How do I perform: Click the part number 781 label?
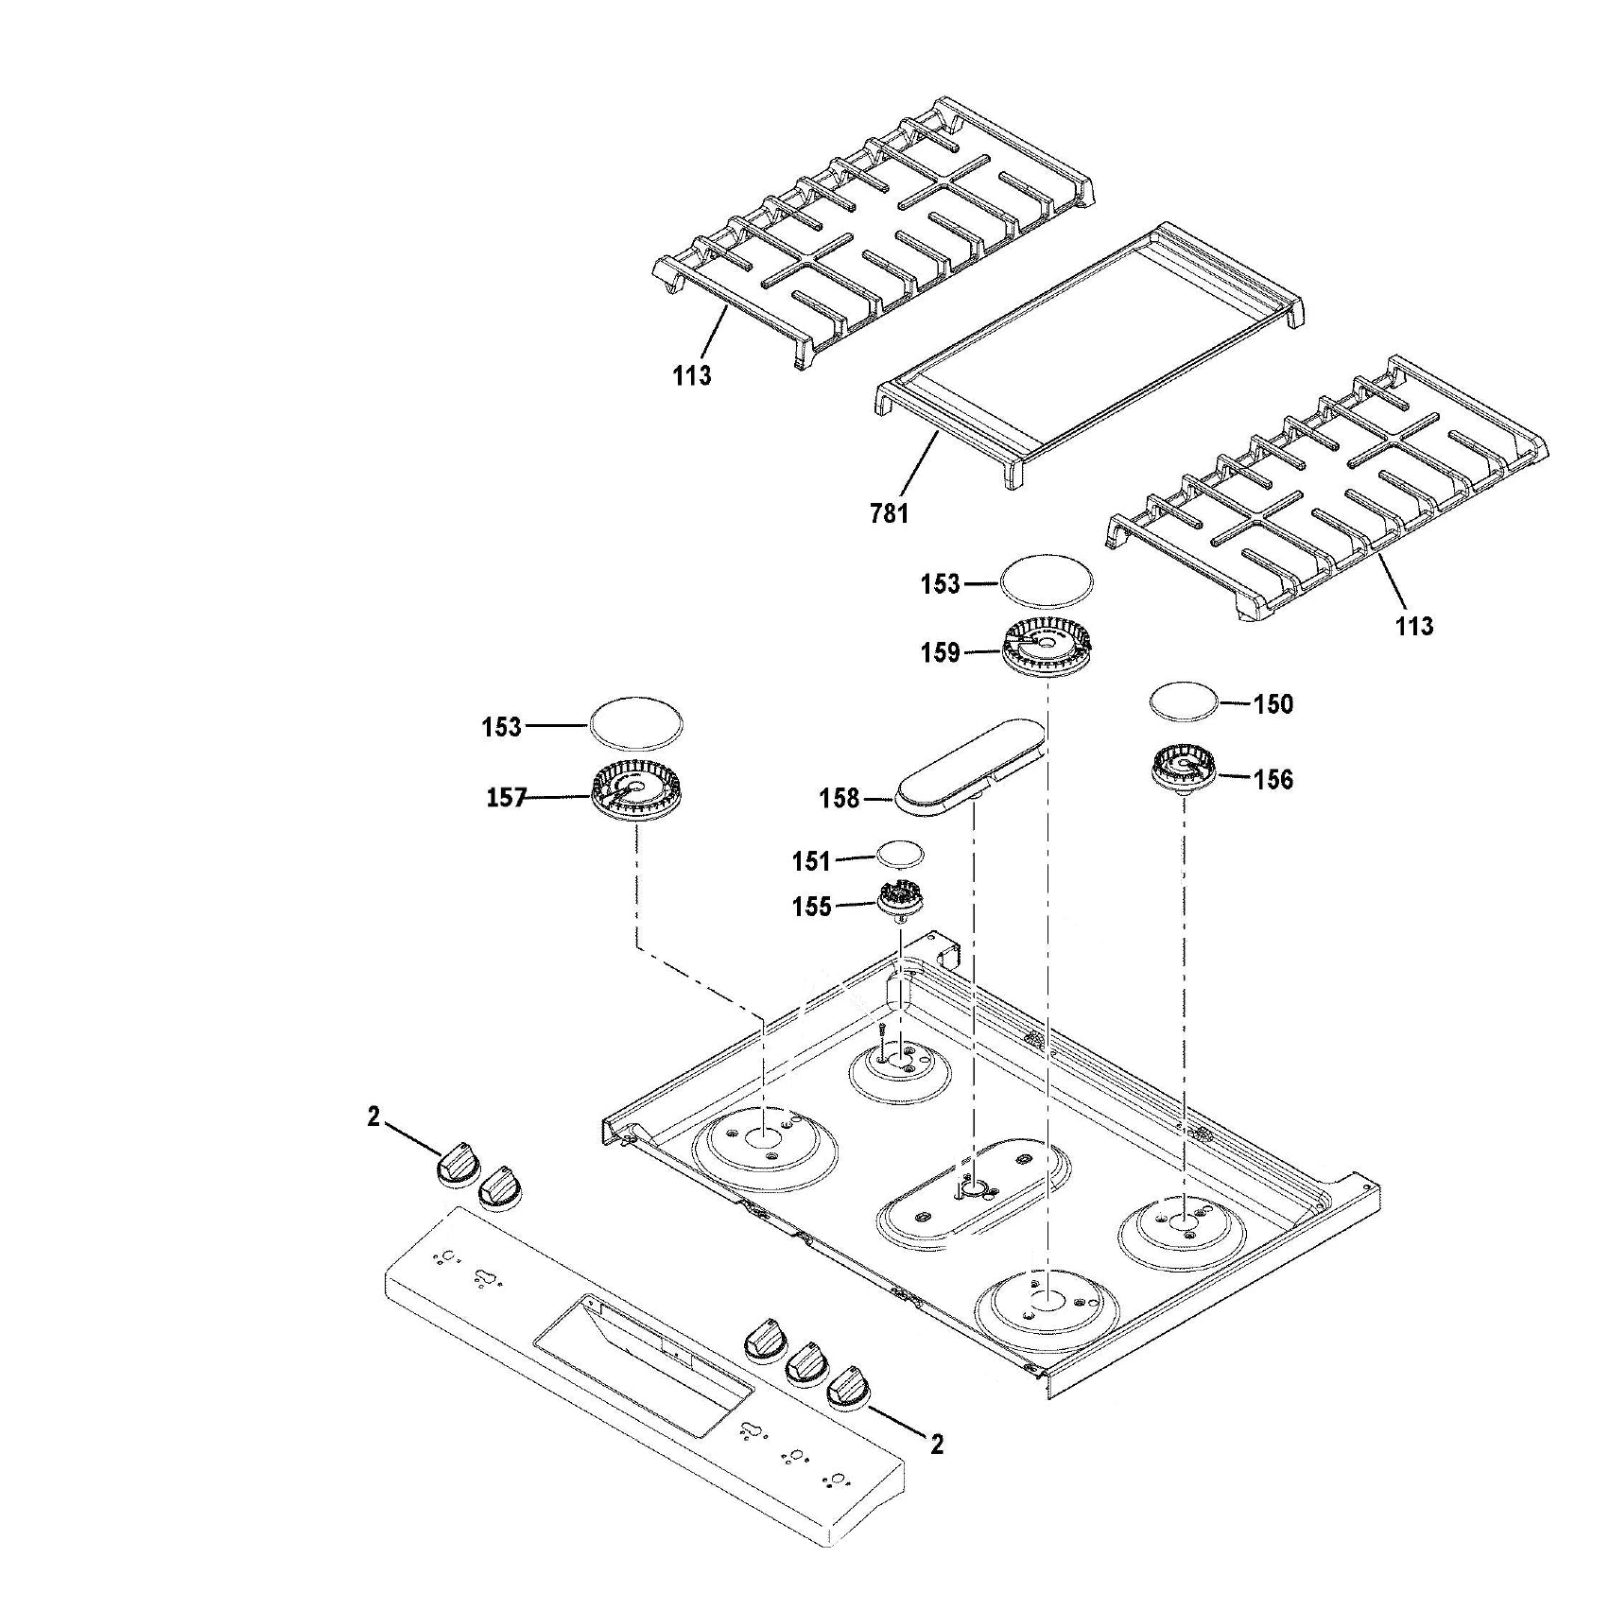click(889, 513)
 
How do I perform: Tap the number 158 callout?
click(839, 800)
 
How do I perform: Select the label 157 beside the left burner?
click(506, 798)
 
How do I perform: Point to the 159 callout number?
click(940, 653)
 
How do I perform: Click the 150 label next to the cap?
click(1272, 704)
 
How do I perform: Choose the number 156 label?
click(1272, 780)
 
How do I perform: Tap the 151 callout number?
click(811, 861)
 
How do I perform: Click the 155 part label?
click(811, 907)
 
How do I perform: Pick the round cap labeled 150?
click(1183, 703)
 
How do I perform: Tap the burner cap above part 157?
click(636, 725)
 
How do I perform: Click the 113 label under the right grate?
click(1413, 626)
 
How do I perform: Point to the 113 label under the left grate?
click(691, 376)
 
